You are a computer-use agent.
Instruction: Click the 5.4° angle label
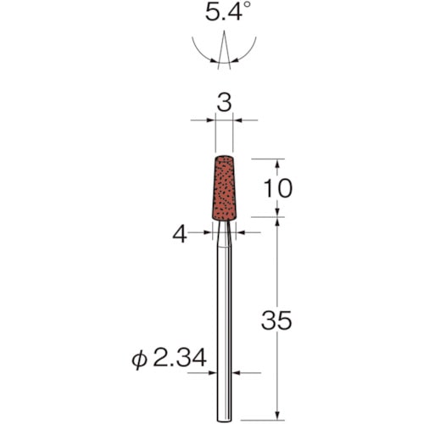(x=224, y=12)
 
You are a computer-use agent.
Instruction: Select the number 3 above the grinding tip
(x=224, y=103)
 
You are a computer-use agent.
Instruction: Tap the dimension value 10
(x=277, y=188)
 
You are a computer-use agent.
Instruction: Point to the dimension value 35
(x=276, y=321)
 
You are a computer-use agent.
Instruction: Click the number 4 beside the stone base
(x=180, y=234)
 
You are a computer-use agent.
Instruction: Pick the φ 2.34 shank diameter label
(x=169, y=359)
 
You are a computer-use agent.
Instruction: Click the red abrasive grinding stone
(x=224, y=188)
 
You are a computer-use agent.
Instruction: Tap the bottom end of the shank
(x=224, y=421)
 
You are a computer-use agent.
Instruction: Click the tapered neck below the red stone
(x=224, y=234)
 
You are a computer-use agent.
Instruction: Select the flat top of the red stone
(x=224, y=156)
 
